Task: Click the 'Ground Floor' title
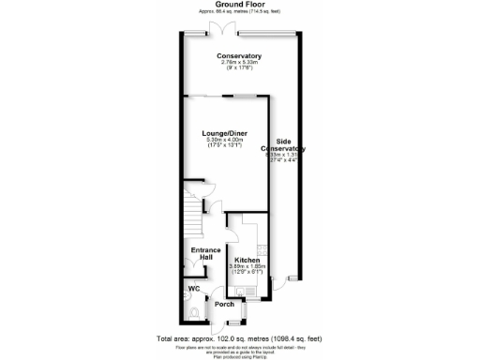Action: [x=239, y=4]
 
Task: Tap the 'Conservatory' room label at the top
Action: [x=239, y=56]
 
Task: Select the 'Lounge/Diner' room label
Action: [x=225, y=134]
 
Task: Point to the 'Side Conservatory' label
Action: [x=284, y=145]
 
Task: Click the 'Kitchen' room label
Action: [x=247, y=260]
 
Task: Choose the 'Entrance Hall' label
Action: [x=205, y=254]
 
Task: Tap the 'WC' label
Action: [x=195, y=289]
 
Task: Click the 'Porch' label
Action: [x=224, y=304]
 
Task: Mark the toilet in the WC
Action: [x=194, y=313]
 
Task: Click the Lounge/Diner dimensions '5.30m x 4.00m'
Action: [x=225, y=141]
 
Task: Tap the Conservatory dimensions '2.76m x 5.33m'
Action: [x=239, y=63]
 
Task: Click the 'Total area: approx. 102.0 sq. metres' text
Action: [x=239, y=337]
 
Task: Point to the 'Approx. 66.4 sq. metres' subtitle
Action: [x=239, y=11]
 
